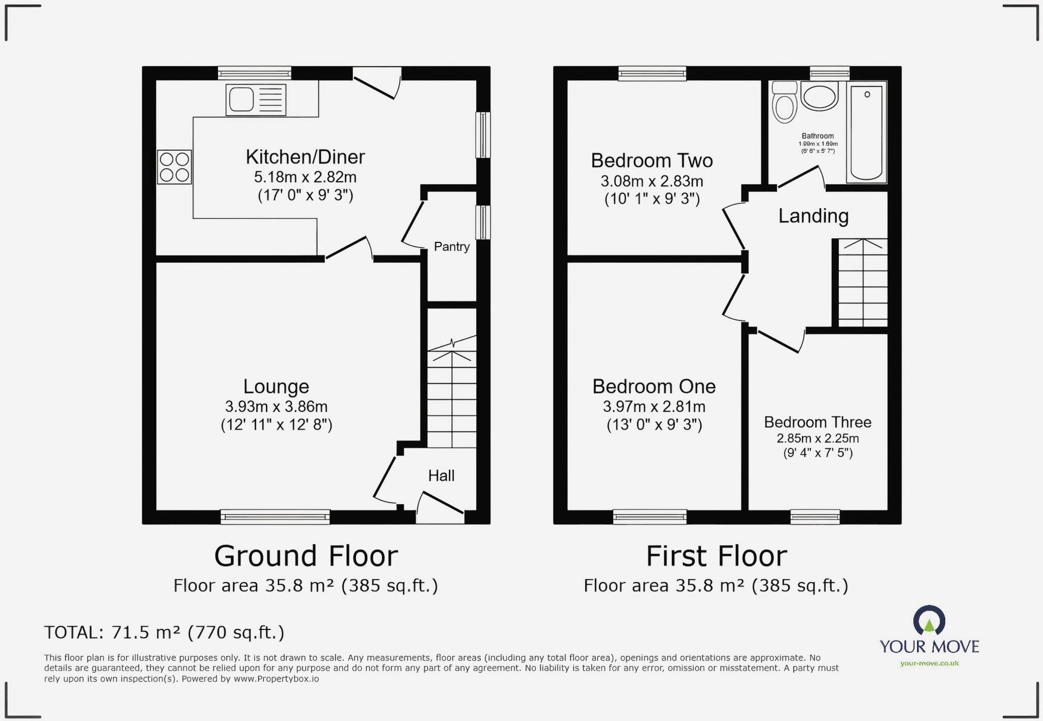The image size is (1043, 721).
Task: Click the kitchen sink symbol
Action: click(x=256, y=100)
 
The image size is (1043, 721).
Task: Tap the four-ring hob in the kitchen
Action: click(x=175, y=167)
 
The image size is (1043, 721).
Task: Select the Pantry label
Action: click(x=452, y=247)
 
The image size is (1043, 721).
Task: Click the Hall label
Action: click(x=441, y=476)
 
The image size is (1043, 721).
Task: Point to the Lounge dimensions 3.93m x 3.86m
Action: click(x=276, y=407)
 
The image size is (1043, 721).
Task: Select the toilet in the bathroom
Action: click(x=784, y=103)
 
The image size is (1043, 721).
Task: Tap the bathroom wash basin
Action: click(x=819, y=96)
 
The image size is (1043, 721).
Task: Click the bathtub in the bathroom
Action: click(x=866, y=132)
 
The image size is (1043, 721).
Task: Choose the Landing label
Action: click(x=813, y=216)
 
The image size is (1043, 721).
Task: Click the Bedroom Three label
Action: click(x=817, y=423)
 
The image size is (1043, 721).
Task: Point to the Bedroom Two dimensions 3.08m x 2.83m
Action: click(x=652, y=181)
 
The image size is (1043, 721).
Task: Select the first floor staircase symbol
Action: click(x=863, y=283)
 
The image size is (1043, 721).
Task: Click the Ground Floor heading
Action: click(x=306, y=556)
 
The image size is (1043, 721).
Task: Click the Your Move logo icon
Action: click(x=929, y=621)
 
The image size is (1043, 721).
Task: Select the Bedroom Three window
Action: click(x=815, y=517)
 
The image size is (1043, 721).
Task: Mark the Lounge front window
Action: click(x=275, y=517)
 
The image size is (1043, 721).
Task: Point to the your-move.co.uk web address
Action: click(x=929, y=663)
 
